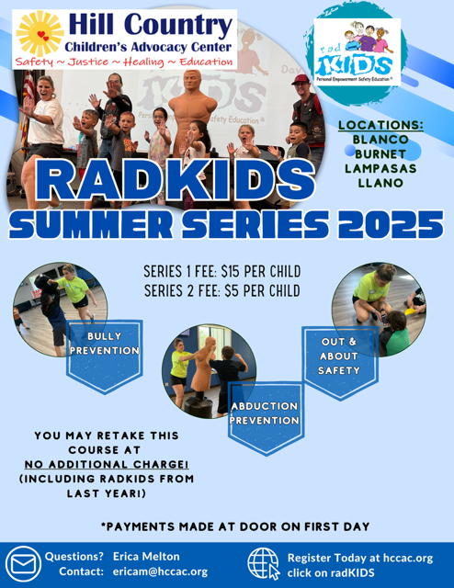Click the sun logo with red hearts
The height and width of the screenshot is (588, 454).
(x=40, y=34)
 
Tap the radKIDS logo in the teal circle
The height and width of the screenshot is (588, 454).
(x=358, y=52)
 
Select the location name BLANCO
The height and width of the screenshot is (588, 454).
(x=380, y=140)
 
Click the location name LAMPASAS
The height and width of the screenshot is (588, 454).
(x=380, y=168)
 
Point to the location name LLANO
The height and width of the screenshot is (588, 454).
(x=380, y=183)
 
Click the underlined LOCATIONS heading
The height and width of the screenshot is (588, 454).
(x=380, y=125)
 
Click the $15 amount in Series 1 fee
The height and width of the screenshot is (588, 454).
(x=231, y=272)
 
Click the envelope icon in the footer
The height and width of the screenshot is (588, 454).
(x=23, y=564)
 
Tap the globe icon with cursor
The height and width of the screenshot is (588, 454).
(x=264, y=563)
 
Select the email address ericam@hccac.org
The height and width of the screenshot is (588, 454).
(x=160, y=571)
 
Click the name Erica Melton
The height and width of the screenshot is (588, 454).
(x=146, y=557)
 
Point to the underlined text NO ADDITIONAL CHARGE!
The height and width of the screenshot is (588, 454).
(x=107, y=465)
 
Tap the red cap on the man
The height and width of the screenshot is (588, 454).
(x=301, y=79)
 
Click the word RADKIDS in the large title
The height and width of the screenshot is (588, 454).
(x=175, y=180)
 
